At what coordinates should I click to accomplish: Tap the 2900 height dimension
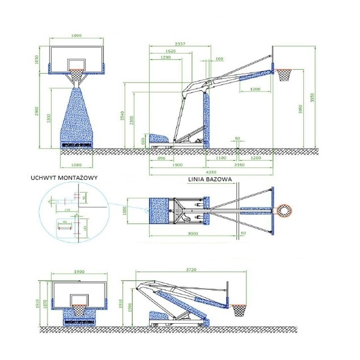(38, 111)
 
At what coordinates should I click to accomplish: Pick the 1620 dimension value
(170, 51)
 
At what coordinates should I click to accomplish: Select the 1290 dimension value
(166, 58)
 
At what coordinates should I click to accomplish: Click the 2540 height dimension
(121, 116)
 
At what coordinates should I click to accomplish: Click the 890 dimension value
(161, 159)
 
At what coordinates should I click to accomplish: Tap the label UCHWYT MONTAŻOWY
(64, 178)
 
